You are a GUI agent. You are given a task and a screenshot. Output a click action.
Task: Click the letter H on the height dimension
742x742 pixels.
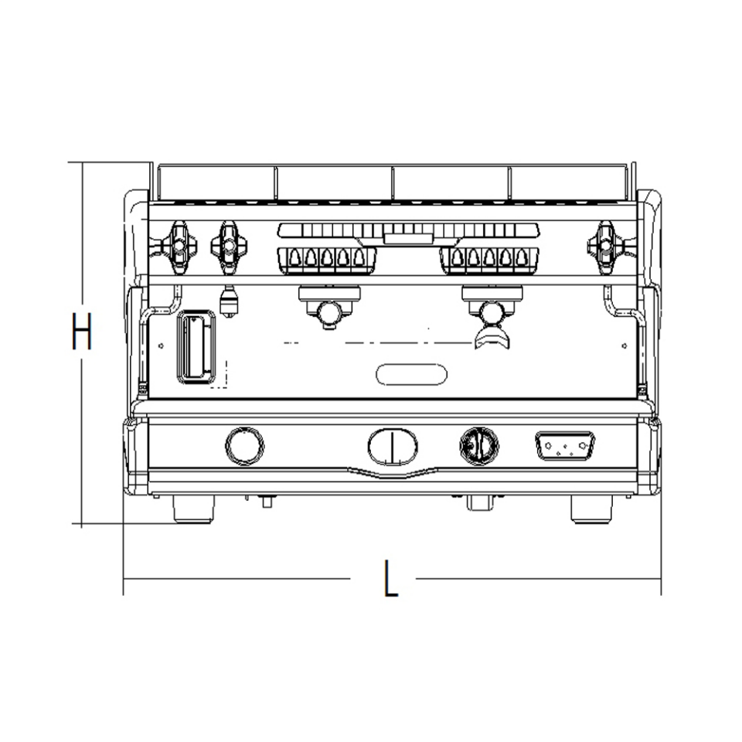click(x=81, y=331)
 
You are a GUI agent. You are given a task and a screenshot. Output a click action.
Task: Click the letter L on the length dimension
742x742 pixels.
click(x=391, y=578)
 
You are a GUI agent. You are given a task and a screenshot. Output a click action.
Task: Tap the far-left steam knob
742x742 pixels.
click(x=177, y=245)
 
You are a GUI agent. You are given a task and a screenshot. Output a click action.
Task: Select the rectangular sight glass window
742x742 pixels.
click(x=196, y=348)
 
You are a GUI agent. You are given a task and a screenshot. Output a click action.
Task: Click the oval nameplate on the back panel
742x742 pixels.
click(x=412, y=374)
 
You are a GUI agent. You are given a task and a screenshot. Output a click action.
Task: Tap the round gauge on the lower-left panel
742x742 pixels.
click(x=244, y=445)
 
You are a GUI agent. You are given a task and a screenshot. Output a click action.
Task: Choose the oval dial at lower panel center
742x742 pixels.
click(x=393, y=446)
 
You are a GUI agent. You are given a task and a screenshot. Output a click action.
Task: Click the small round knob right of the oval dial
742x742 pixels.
click(x=479, y=445)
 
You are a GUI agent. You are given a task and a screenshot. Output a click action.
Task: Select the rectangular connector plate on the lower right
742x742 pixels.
click(x=565, y=446)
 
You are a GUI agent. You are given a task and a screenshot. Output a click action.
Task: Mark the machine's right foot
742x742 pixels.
click(x=591, y=509)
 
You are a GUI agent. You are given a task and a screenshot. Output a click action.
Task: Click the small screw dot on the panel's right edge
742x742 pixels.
click(x=624, y=345)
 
